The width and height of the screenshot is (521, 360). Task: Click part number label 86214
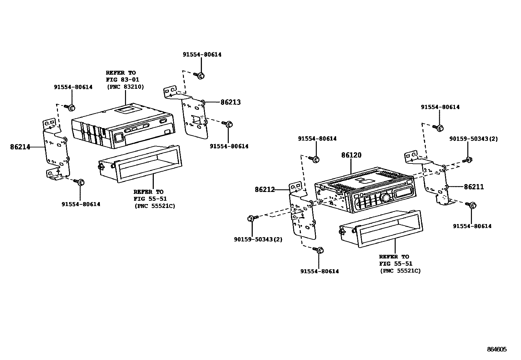coord(20,147)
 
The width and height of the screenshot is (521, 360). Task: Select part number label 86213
coord(230,102)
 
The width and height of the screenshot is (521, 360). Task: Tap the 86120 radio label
coord(351,155)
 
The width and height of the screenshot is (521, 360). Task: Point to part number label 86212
coord(265,189)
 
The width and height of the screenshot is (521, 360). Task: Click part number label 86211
coord(474,187)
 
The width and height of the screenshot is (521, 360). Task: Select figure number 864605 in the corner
coord(496,350)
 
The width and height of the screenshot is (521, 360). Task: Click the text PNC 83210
coord(125,87)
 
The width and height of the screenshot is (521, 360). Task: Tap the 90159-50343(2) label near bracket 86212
coord(258,239)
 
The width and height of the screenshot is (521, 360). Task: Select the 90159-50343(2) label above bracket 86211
coord(473,139)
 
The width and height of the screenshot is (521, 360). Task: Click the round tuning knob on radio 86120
coord(386,198)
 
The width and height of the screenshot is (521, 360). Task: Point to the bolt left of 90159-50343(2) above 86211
coord(468,160)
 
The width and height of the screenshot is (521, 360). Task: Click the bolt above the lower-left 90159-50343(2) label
coord(251,218)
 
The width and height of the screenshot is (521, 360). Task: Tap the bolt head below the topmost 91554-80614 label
coord(201,76)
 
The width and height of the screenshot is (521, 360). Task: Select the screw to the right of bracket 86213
coord(228,124)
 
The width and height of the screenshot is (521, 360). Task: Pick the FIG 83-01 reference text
coord(122,80)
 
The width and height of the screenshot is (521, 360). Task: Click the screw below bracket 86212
coord(320,250)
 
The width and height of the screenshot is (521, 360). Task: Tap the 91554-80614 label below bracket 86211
coord(472,226)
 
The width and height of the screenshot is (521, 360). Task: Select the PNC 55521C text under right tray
coord(400,271)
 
